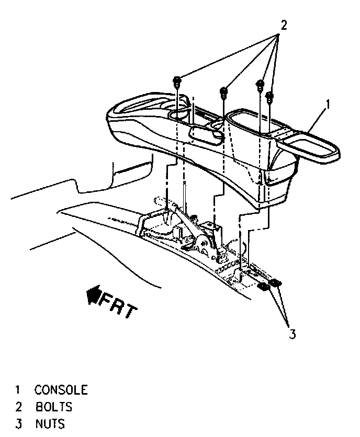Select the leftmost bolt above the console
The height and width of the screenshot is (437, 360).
(x=177, y=81)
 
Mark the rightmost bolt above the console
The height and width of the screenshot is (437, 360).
(x=270, y=97)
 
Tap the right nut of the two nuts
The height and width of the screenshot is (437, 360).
(x=274, y=283)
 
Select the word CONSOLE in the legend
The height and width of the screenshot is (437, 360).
(x=61, y=390)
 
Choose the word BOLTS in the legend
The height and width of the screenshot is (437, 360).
(x=54, y=407)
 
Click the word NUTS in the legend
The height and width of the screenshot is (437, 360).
(x=50, y=423)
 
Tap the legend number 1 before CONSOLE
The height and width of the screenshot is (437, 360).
(x=18, y=390)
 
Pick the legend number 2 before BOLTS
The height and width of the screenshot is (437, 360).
(x=18, y=407)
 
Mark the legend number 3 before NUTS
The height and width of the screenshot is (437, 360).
(x=18, y=423)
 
